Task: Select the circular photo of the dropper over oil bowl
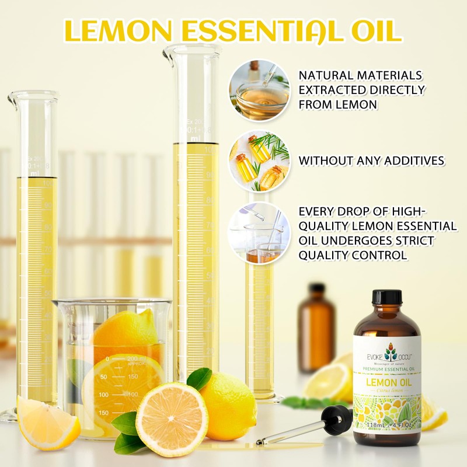coord(259,90)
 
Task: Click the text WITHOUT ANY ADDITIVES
coord(371,161)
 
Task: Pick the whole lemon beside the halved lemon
coord(231,405)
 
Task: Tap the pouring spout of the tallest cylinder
coord(169,54)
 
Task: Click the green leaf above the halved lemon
coord(199,379)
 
